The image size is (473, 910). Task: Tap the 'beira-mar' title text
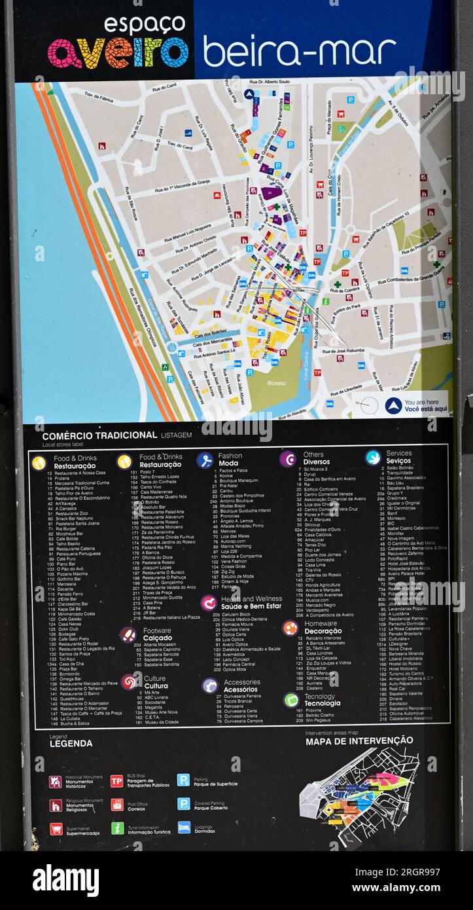point(299,52)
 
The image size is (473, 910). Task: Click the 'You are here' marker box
point(416,405)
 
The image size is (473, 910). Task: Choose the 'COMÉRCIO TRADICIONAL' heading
point(99,435)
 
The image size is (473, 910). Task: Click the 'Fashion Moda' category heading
point(230,459)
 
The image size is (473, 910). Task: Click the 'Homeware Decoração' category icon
point(290,628)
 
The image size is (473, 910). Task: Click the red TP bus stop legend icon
point(117,780)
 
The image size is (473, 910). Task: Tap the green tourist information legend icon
point(117,828)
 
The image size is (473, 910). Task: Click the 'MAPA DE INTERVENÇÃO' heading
point(359,740)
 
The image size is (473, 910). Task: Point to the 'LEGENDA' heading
point(71,743)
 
